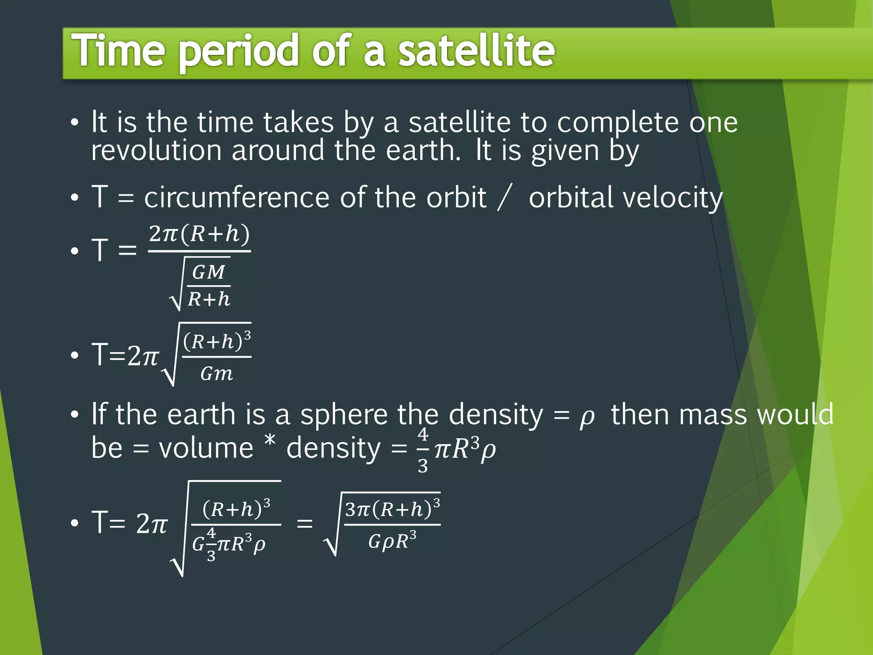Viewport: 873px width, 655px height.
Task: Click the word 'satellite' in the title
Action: tap(476, 51)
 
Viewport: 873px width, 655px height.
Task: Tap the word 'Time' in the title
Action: tap(118, 51)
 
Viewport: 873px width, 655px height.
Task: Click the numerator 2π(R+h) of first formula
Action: tap(199, 234)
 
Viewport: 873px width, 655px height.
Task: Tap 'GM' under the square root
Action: tap(208, 272)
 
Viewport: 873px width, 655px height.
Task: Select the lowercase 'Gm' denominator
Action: tap(217, 374)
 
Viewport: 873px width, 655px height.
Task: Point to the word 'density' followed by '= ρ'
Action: tap(496, 415)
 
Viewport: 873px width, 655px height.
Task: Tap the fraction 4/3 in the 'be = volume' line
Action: tap(422, 450)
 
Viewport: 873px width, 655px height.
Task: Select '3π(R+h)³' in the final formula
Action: tap(392, 509)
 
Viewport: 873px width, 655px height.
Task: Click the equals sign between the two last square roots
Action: tap(304, 524)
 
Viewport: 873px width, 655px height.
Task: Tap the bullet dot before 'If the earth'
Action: tap(75, 414)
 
